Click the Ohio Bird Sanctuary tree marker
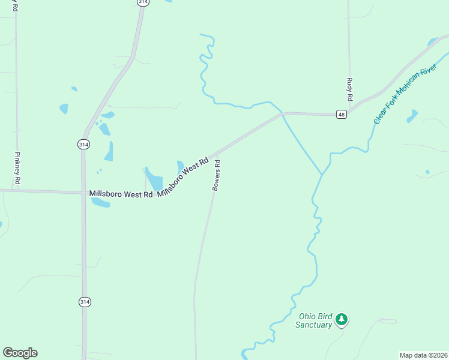click(x=342, y=319)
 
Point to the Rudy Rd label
click(x=349, y=89)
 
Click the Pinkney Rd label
click(x=17, y=167)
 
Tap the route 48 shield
click(x=341, y=115)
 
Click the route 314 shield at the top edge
click(x=143, y=2)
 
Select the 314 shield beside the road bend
click(x=83, y=144)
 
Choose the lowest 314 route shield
click(x=84, y=302)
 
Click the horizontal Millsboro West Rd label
click(x=121, y=194)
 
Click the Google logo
click(x=20, y=353)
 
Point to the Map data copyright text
click(x=423, y=355)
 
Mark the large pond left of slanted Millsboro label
click(x=154, y=180)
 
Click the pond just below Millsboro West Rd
click(x=101, y=202)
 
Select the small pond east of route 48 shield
click(x=412, y=116)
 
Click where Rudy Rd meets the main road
click(x=349, y=112)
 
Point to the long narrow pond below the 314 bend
click(x=109, y=151)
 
